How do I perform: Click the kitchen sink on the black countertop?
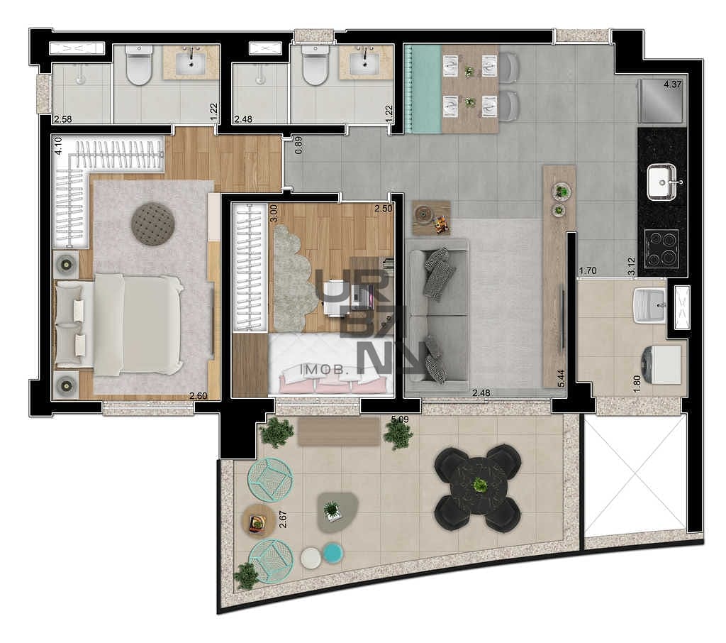click(x=661, y=182)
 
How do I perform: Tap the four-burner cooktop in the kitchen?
click(x=661, y=248)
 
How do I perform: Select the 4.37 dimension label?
click(x=672, y=84)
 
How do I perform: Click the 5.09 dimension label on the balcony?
click(x=400, y=419)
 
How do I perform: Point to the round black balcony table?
click(x=479, y=486)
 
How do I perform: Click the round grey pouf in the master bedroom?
click(x=153, y=224)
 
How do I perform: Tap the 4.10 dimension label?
click(x=58, y=145)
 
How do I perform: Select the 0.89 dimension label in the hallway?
click(x=298, y=145)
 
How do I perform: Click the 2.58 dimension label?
click(x=63, y=119)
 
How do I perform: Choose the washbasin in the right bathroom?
click(x=364, y=62)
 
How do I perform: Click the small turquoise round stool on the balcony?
click(x=333, y=553)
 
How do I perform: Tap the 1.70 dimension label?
click(x=588, y=270)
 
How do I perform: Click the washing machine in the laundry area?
click(x=660, y=364)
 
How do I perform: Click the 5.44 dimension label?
click(x=562, y=378)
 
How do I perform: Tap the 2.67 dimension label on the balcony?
click(x=283, y=520)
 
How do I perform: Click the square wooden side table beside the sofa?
click(x=432, y=218)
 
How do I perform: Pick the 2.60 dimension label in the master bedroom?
click(x=199, y=396)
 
